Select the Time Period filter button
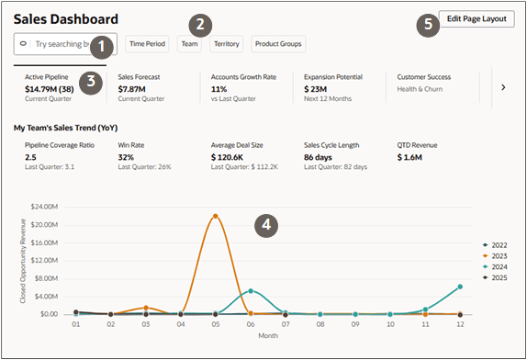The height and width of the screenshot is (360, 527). coord(148,43)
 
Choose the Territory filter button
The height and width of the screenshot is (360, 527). coord(226,43)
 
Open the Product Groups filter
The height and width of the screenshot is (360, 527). coord(278,43)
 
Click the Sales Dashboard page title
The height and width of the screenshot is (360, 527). coord(65,18)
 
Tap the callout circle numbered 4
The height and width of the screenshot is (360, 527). coord(266,223)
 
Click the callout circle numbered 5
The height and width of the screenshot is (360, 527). coord(425,25)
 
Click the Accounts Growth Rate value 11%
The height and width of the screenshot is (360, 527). coord(219,89)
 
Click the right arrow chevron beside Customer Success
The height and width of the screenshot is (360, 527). coord(502,86)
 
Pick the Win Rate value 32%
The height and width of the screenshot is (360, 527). coord(128,157)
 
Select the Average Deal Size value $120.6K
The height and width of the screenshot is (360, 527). coord(233,157)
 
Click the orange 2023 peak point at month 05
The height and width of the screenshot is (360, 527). coord(215,216)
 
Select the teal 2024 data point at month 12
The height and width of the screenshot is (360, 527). coord(459,287)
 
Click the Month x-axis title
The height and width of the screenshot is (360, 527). coord(267,334)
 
